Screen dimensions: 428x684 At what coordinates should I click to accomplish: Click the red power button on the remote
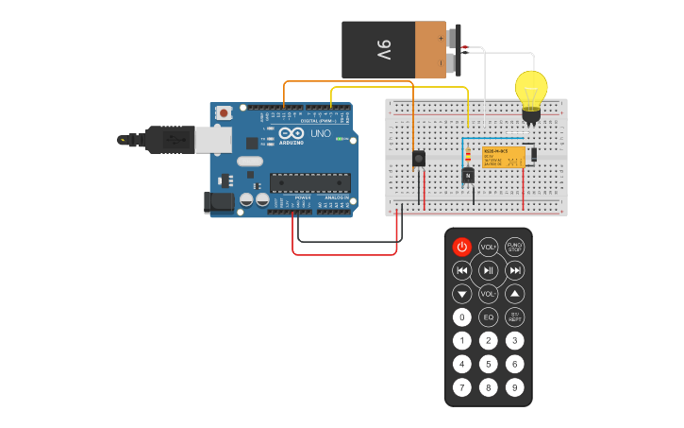(x=461, y=247)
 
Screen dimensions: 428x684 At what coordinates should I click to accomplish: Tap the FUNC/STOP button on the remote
(x=514, y=247)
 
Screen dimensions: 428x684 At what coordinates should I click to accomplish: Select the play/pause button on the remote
(x=488, y=270)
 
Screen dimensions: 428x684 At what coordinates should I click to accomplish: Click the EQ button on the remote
(x=488, y=317)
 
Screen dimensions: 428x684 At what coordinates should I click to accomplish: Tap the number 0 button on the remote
(x=461, y=317)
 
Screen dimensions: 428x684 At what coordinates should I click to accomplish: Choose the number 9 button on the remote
(x=514, y=386)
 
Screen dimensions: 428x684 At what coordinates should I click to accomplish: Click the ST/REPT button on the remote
(x=514, y=317)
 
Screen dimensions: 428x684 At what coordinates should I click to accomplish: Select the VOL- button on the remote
(x=488, y=294)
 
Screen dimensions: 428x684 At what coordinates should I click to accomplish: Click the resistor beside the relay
(x=469, y=156)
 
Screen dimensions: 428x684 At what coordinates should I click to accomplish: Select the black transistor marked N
(x=468, y=175)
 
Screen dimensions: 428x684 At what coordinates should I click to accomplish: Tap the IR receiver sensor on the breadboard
(x=419, y=159)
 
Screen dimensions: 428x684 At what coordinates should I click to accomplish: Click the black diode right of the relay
(x=534, y=154)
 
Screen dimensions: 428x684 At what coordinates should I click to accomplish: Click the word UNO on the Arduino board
(x=320, y=133)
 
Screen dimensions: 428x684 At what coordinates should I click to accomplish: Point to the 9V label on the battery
(x=383, y=49)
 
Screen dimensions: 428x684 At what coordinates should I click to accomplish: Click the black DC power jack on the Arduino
(x=221, y=201)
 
